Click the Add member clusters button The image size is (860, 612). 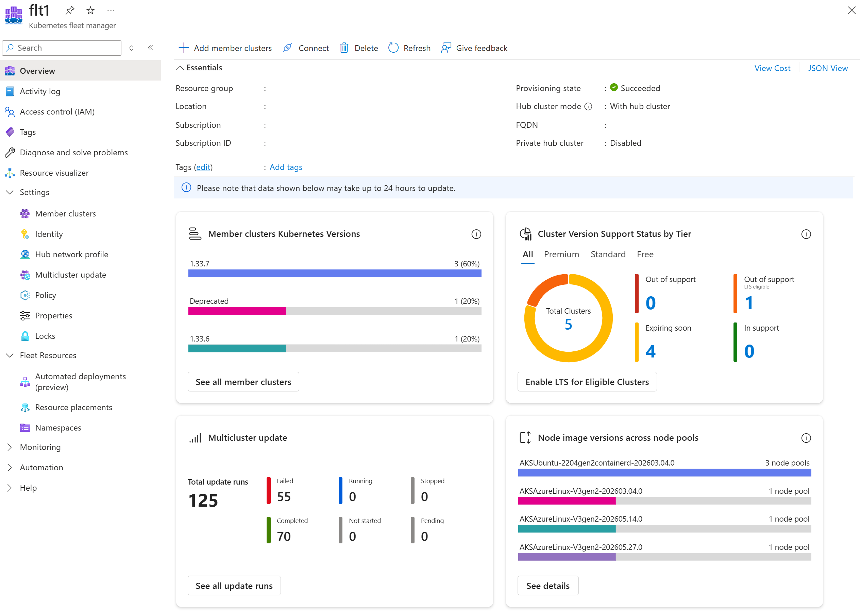pyautogui.click(x=225, y=48)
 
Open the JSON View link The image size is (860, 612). pyautogui.click(x=828, y=68)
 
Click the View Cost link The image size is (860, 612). pyautogui.click(x=772, y=68)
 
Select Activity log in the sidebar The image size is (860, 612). pyautogui.click(x=40, y=91)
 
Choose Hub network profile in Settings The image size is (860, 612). pyautogui.click(x=72, y=255)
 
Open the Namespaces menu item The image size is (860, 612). pyautogui.click(x=58, y=428)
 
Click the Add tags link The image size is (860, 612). pyautogui.click(x=286, y=167)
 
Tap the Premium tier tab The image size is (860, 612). pyautogui.click(x=561, y=255)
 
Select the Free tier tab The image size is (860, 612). pyautogui.click(x=645, y=255)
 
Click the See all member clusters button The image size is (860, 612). pyautogui.click(x=243, y=382)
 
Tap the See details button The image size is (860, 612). pyautogui.click(x=548, y=585)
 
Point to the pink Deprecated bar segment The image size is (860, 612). pyautogui.click(x=237, y=311)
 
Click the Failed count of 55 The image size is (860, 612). pyautogui.click(x=284, y=497)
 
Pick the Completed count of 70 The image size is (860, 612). pyautogui.click(x=284, y=536)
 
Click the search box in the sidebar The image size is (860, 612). pyautogui.click(x=62, y=48)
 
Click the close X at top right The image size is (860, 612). pyautogui.click(x=851, y=10)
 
